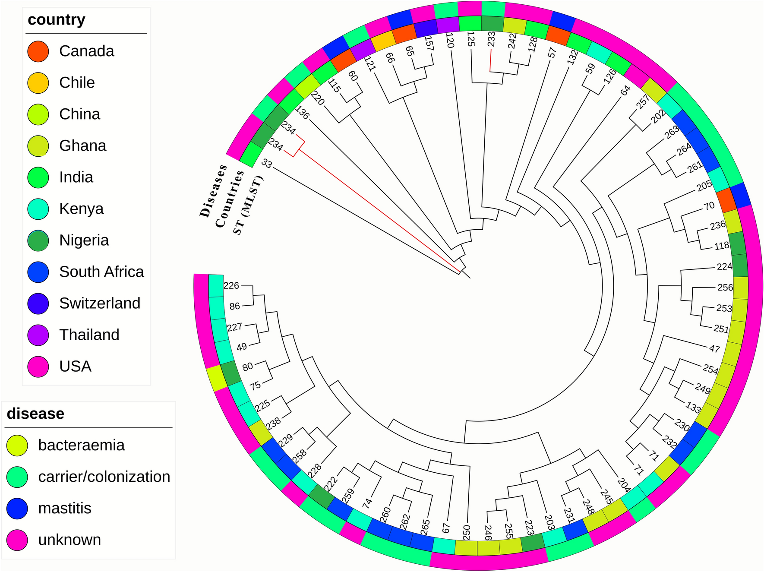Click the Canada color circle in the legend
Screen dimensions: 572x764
[x=38, y=51]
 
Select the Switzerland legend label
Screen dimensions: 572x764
[x=100, y=303]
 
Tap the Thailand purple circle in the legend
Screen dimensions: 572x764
[x=38, y=335]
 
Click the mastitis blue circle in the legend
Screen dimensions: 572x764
[x=17, y=508]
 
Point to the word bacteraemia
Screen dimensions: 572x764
[x=81, y=445]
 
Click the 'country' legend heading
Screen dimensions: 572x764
[x=56, y=20]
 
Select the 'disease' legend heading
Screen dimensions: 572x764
[x=35, y=414]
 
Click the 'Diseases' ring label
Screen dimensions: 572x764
[x=213, y=190]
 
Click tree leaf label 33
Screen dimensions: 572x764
[x=267, y=164]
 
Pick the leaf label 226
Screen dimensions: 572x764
[x=231, y=285]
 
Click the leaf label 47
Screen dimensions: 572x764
[x=714, y=348]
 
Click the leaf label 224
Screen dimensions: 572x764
[x=724, y=267]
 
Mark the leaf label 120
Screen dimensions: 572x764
[x=450, y=40]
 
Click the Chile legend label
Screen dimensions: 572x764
[x=77, y=82]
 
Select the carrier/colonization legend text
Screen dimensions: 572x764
[x=104, y=477]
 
